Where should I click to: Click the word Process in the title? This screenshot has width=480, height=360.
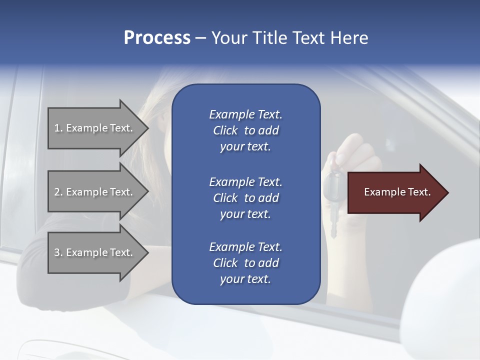pyautogui.click(x=157, y=38)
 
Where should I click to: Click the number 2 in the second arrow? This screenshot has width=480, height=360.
pyautogui.click(x=57, y=192)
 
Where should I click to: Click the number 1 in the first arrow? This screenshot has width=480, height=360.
pyautogui.click(x=57, y=128)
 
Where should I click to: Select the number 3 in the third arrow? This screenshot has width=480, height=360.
pyautogui.click(x=57, y=252)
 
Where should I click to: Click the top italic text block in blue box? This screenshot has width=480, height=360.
pyautogui.click(x=245, y=130)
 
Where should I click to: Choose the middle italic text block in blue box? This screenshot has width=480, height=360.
pyautogui.click(x=245, y=198)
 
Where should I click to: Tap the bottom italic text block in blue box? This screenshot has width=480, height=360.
pyautogui.click(x=245, y=263)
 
